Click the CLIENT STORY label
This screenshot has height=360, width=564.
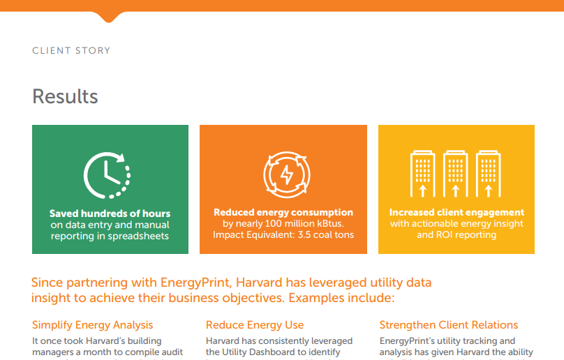(x=71, y=51)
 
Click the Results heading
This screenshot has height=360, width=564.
(x=65, y=96)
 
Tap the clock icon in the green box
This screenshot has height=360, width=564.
(x=107, y=174)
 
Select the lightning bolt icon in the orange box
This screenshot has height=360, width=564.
(x=286, y=174)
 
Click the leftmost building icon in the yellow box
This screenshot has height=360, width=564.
(x=422, y=174)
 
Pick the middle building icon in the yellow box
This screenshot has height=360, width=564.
(x=455, y=174)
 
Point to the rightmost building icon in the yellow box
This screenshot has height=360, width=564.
(x=488, y=174)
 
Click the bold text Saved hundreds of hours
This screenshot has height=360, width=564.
(x=110, y=213)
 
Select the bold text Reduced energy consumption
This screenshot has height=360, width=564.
(x=283, y=212)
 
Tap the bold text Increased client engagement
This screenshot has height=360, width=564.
(x=457, y=212)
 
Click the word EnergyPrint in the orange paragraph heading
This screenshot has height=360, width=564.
(x=198, y=283)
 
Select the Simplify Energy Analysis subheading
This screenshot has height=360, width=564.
(x=93, y=325)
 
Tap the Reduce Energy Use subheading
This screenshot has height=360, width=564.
(x=255, y=325)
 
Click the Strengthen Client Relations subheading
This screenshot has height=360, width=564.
(x=448, y=325)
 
